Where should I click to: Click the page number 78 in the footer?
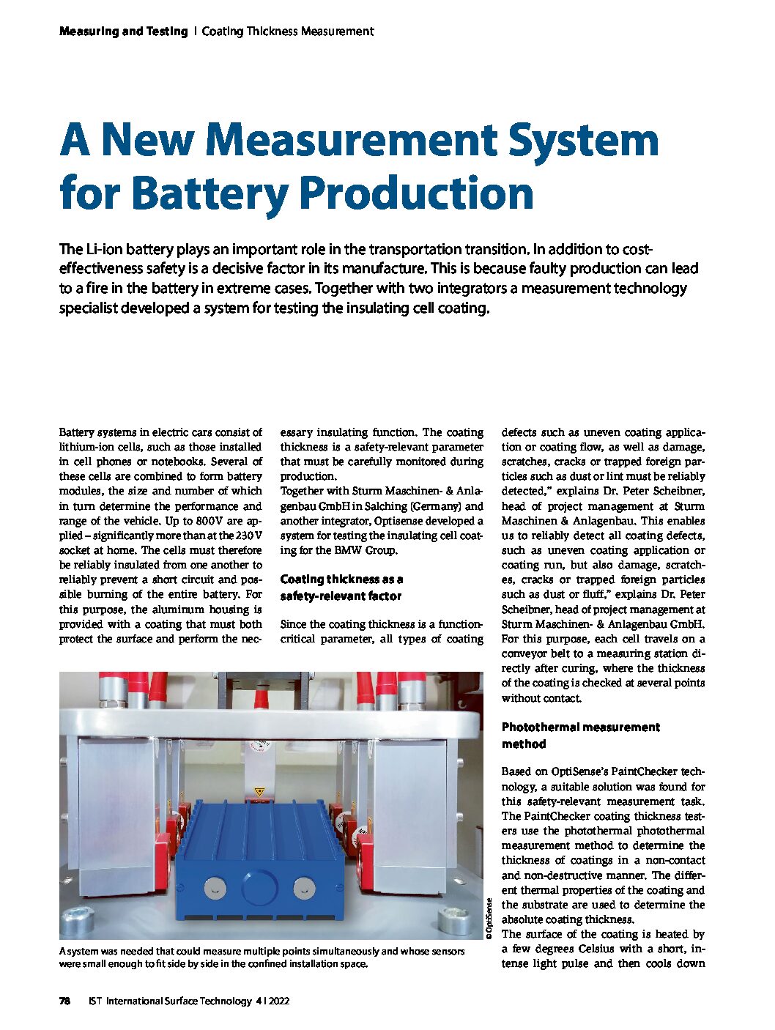(64, 1001)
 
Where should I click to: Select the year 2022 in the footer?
(278, 1001)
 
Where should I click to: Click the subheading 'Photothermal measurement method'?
(580, 736)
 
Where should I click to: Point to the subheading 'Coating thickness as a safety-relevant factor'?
(341, 588)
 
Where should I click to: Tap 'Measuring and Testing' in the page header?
(123, 32)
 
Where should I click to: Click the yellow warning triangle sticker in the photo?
(258, 793)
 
